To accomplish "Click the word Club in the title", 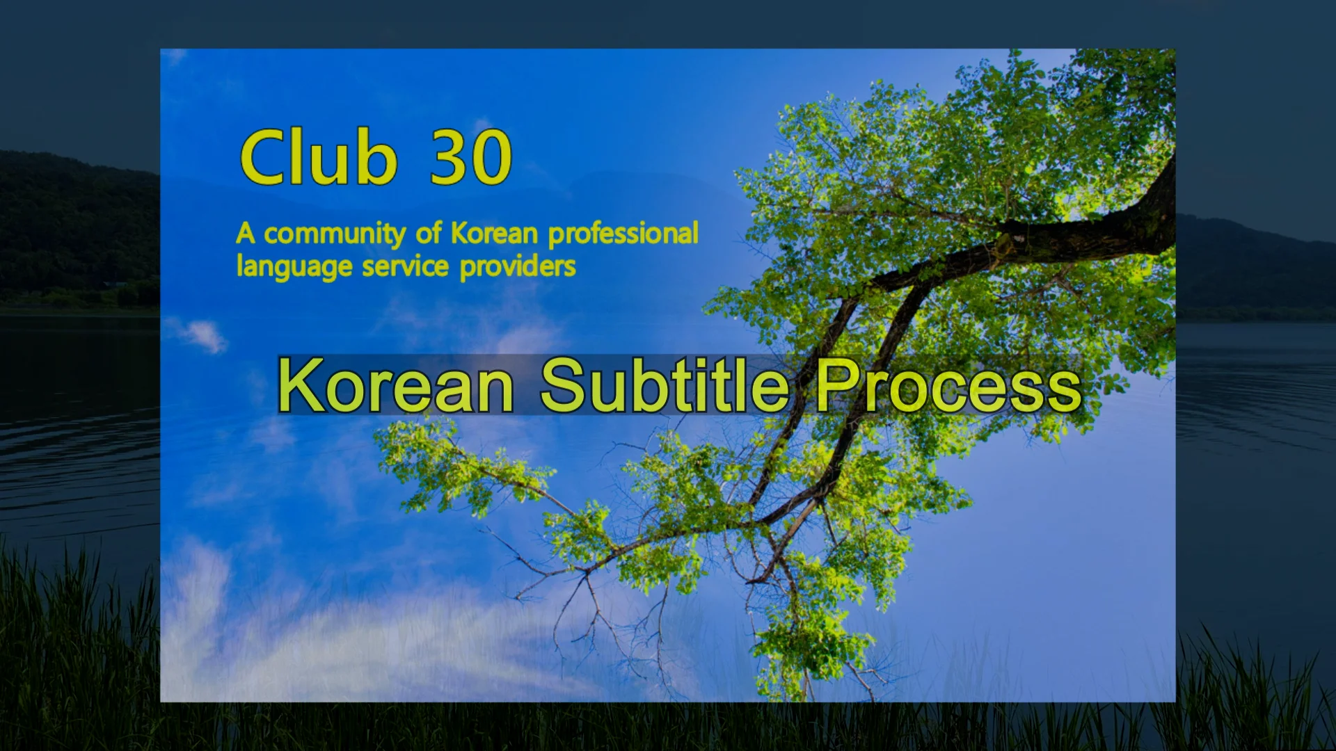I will pyautogui.click(x=318, y=157).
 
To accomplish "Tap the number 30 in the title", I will pyautogui.click(x=471, y=159).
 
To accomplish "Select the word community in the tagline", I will pyautogui.click(x=334, y=234).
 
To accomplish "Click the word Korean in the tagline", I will pyautogui.click(x=494, y=234).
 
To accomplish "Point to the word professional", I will pyautogui.click(x=623, y=234).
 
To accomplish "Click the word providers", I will pyautogui.click(x=518, y=267).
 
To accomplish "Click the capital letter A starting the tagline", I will pyautogui.click(x=245, y=234).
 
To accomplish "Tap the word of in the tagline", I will pyautogui.click(x=428, y=234).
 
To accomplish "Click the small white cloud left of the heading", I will pyautogui.click(x=202, y=335).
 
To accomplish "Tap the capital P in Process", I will pyautogui.click(x=838, y=385).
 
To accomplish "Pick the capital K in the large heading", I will pyautogui.click(x=299, y=385).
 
